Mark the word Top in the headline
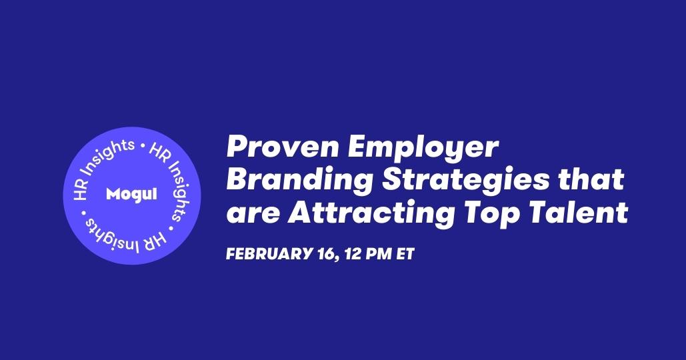pyautogui.click(x=491, y=215)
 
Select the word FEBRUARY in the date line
pyautogui.click(x=268, y=254)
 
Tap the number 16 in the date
pyautogui.click(x=324, y=254)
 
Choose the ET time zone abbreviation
pyautogui.click(x=405, y=254)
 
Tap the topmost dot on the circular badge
pyautogui.click(x=141, y=145)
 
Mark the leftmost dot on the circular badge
pyautogui.click(x=84, y=214)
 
